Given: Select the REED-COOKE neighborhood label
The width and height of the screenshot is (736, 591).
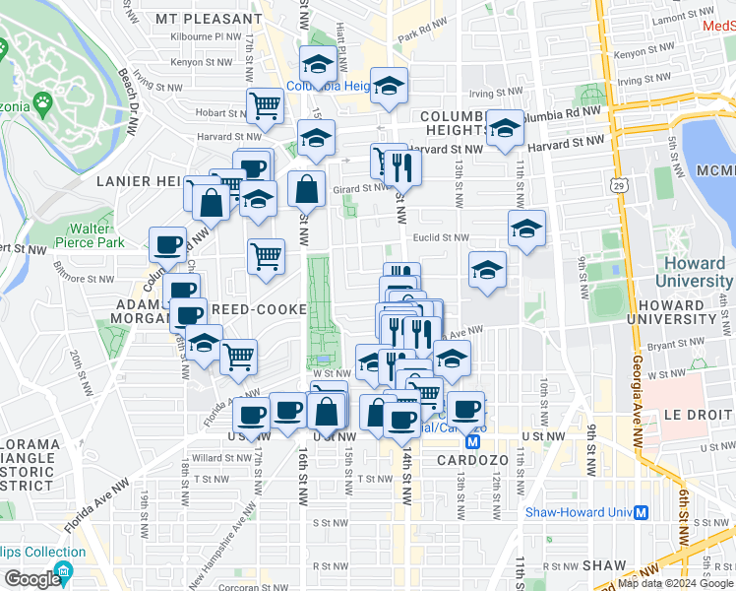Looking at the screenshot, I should point(258,308).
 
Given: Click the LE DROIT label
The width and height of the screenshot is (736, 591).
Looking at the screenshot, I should point(695,415).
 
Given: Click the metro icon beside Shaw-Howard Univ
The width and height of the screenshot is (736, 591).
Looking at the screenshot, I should point(641,512).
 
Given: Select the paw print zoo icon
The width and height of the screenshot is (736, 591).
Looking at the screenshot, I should point(43,100).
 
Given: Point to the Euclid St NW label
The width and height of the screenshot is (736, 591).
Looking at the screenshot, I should point(441,237).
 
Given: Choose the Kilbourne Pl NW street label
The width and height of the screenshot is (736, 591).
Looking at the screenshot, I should point(206,35).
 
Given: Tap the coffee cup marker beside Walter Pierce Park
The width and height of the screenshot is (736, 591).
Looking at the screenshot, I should point(167,244).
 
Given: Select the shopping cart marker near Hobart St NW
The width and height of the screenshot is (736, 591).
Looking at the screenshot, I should point(265,104).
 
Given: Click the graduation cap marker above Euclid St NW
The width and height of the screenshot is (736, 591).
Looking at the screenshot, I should point(526,229).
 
